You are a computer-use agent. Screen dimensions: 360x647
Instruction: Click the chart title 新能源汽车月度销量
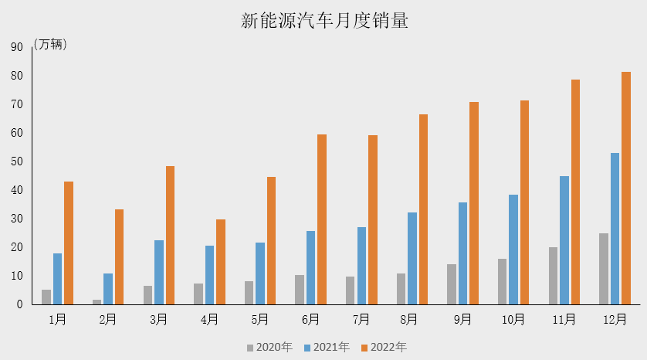pyautogui.click(x=324, y=22)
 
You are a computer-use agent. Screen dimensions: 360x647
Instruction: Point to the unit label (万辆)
pyautogui.click(x=51, y=45)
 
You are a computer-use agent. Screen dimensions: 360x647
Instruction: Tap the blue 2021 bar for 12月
pyautogui.click(x=615, y=229)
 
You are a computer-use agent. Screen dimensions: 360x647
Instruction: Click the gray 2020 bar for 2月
pyautogui.click(x=97, y=302)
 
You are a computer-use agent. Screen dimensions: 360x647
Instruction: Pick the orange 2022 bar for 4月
pyautogui.click(x=221, y=262)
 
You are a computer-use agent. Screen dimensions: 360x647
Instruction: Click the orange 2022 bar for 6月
pyautogui.click(x=322, y=219)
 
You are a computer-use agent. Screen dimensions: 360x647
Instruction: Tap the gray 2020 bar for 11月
pyautogui.click(x=553, y=276)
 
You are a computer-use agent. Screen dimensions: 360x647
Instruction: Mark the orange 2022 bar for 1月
pyautogui.click(x=69, y=243)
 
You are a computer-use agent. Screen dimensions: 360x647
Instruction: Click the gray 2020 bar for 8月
pyautogui.click(x=401, y=289)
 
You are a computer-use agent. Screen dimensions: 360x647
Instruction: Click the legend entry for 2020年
pyautogui.click(x=269, y=347)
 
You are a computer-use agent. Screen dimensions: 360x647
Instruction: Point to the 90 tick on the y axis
pyautogui.click(x=16, y=47)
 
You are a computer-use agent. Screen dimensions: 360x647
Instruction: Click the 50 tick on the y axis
pyautogui.click(x=16, y=161)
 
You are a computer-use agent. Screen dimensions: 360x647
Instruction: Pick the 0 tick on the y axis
pyautogui.click(x=19, y=304)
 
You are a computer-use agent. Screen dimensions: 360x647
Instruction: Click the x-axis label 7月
pyautogui.click(x=361, y=319)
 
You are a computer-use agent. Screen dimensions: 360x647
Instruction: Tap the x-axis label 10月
pyautogui.click(x=513, y=319)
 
